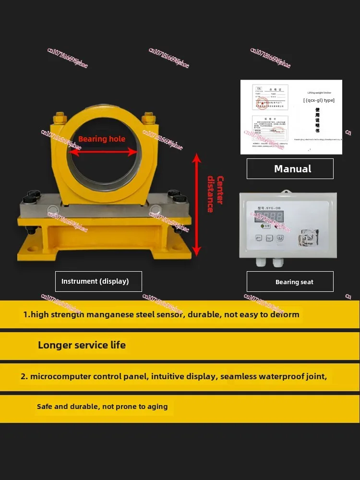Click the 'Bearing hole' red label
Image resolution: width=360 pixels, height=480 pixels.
(x=102, y=139)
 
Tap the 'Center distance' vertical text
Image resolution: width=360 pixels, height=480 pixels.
(x=215, y=194)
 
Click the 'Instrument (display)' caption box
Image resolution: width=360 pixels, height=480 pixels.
(x=98, y=281)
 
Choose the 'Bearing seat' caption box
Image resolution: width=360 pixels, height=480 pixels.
(x=290, y=282)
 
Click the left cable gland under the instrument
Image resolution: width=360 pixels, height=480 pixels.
(x=263, y=262)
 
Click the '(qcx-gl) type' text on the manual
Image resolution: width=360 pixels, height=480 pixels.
(x=319, y=100)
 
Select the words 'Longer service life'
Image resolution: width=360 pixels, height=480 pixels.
(x=82, y=345)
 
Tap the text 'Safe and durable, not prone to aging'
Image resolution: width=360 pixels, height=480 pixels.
(x=102, y=407)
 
